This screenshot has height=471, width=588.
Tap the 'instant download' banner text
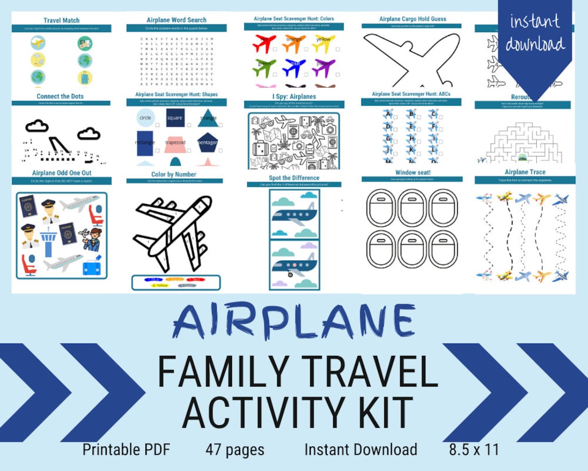click(x=535, y=33)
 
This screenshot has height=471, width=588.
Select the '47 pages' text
click(x=235, y=450)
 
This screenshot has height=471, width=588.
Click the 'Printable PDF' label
click(x=126, y=450)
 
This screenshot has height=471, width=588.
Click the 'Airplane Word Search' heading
click(x=176, y=20)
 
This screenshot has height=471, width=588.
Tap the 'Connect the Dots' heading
click(x=60, y=96)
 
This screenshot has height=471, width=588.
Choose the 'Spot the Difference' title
click(x=294, y=178)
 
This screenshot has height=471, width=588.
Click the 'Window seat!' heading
click(x=412, y=173)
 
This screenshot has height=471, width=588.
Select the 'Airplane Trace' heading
click(x=524, y=173)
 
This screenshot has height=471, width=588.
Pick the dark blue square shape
click(x=175, y=118)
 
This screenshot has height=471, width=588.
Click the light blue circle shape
click(x=145, y=118)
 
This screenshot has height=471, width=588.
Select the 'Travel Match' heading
click(x=62, y=21)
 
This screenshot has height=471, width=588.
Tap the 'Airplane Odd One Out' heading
click(x=60, y=173)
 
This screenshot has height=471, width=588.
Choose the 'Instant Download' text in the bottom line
click(x=360, y=450)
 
